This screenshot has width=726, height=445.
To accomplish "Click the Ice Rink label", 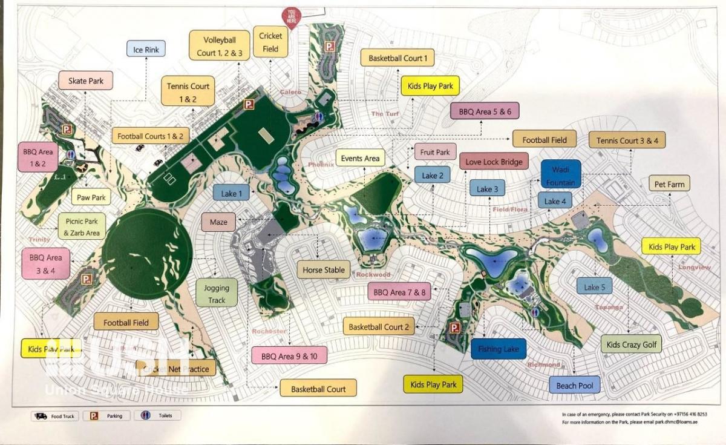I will point(146,49).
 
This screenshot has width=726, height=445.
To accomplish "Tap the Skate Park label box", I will point(85,81).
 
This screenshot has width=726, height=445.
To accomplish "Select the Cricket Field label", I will point(270,42).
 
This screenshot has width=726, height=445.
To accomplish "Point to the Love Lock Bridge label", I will point(494,162).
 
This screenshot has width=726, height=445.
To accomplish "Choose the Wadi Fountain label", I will point(561,174).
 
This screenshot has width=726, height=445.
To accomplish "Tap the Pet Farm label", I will point(669,183).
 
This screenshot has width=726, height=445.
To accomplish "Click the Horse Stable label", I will point(324,270).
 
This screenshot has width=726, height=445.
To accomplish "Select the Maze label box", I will point(218,222).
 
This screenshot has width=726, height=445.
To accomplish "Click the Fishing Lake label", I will point(499,349).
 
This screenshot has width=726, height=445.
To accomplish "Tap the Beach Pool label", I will point(574,385).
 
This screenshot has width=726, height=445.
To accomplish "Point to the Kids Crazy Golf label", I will point(631,344).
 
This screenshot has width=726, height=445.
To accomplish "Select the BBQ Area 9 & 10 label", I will point(289,356).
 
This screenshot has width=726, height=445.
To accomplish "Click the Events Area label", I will point(360,159).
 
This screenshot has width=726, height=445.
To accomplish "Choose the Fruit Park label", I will point(435,152).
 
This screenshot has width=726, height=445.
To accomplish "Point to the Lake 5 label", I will point(594,287).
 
